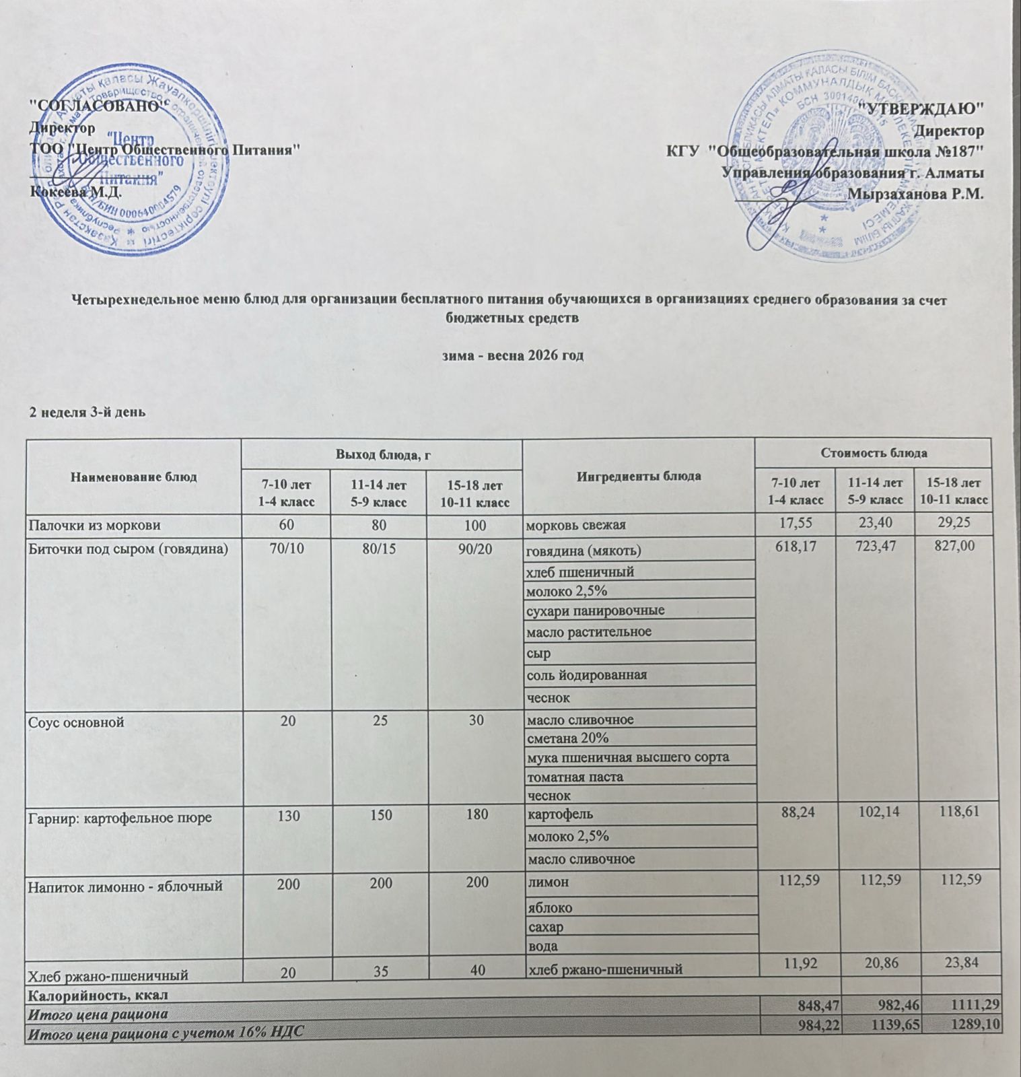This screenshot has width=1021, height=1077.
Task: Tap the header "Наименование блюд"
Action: pos(133,477)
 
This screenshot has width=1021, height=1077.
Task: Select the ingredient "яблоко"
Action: pos(550,907)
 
